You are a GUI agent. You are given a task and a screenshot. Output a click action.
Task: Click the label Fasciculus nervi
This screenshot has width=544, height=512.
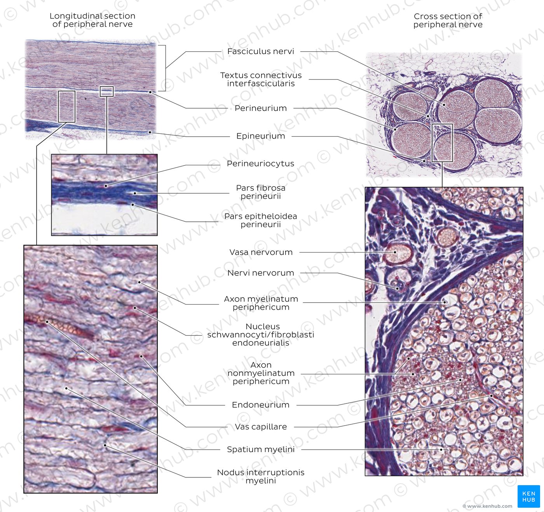pyautogui.click(x=260, y=51)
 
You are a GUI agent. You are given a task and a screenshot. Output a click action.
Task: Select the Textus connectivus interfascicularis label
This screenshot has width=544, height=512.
pyautogui.click(x=261, y=79)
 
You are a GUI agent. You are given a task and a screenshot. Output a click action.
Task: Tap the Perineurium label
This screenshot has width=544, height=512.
pyautogui.click(x=260, y=108)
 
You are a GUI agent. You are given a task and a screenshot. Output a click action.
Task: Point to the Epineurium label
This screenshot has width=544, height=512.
pyautogui.click(x=260, y=136)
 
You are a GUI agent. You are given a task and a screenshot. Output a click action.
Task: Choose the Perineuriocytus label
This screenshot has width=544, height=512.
pyautogui.click(x=260, y=163)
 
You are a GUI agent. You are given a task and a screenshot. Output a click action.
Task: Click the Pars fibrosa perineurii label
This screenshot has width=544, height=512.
pyautogui.click(x=260, y=192)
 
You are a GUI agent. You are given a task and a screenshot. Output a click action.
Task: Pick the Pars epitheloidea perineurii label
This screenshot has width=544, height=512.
pyautogui.click(x=260, y=220)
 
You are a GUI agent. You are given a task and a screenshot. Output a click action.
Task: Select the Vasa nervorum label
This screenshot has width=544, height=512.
pyautogui.click(x=261, y=252)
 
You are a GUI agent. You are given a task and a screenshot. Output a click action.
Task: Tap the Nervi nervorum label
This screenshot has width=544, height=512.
pyautogui.click(x=260, y=273)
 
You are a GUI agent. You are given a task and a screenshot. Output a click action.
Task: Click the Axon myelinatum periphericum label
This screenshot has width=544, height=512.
pyautogui.click(x=261, y=303)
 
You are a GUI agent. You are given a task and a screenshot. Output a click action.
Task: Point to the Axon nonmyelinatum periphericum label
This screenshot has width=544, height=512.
pyautogui.click(x=261, y=373)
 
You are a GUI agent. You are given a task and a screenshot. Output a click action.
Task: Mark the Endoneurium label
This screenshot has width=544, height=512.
pyautogui.click(x=260, y=405)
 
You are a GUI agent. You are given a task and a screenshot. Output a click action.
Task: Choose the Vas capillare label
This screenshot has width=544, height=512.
pyautogui.click(x=261, y=427)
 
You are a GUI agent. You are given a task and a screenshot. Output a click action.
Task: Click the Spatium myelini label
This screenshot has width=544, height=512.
pyautogui.click(x=260, y=449)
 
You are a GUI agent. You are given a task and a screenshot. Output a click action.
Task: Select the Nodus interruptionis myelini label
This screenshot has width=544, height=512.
pyautogui.click(x=260, y=476)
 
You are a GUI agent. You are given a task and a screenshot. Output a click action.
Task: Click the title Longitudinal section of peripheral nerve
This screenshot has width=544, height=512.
pyautogui.click(x=92, y=20)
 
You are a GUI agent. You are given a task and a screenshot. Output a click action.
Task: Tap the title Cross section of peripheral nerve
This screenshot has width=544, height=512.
pyautogui.click(x=448, y=21)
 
